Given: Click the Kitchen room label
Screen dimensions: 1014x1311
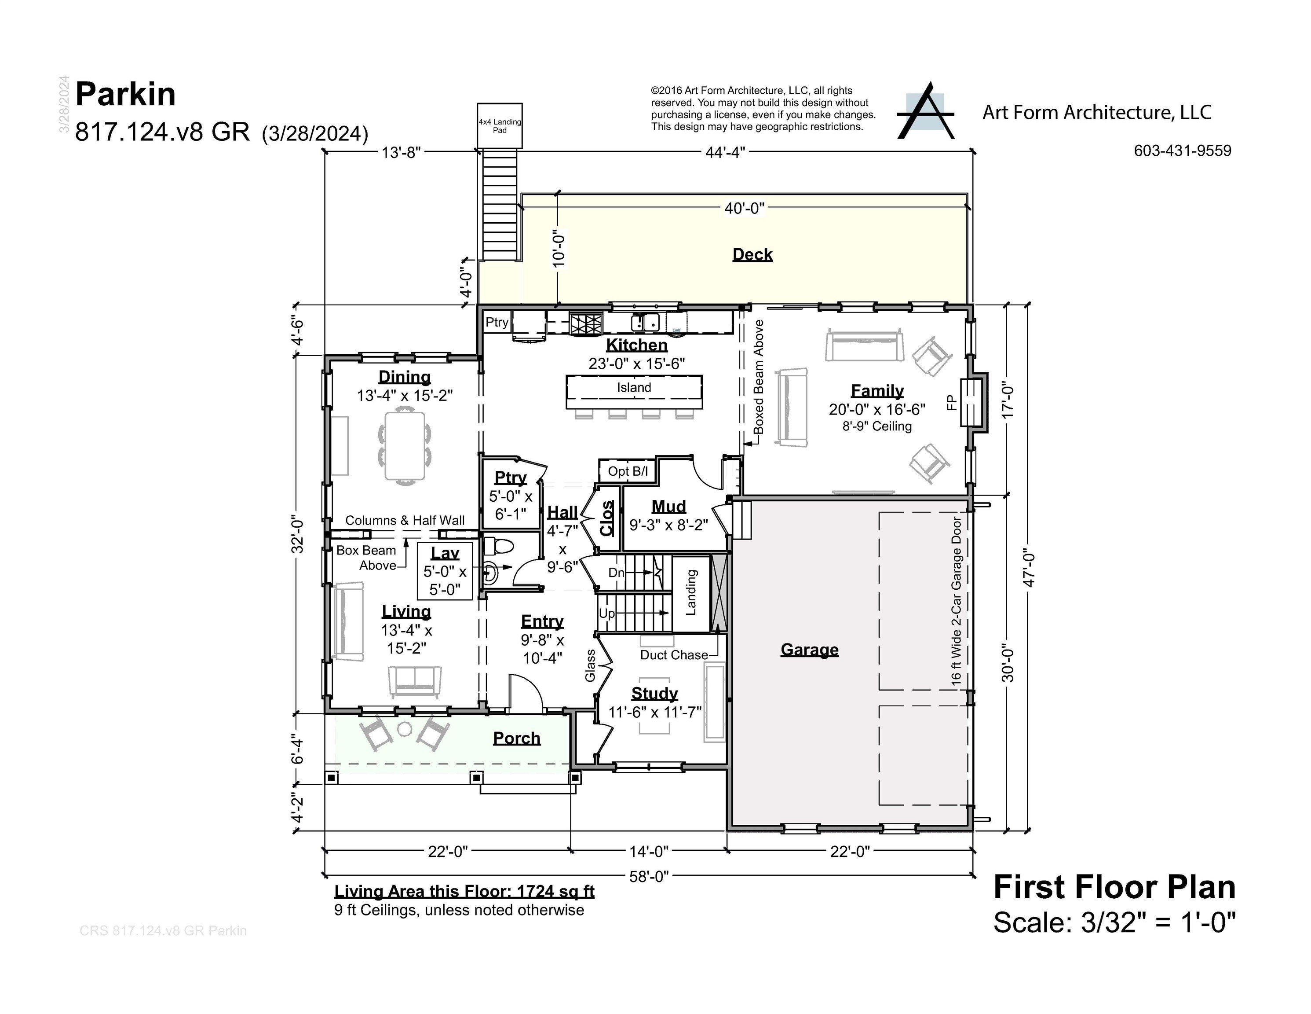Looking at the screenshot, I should pos(636,345).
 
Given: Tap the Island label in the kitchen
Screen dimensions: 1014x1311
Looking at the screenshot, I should pos(634,387).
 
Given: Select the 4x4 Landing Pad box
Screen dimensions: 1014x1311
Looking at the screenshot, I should pos(500,125).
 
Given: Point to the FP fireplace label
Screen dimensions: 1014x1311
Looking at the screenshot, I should pos(951,403).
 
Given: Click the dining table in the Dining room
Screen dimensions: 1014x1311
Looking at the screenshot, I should pos(405,445).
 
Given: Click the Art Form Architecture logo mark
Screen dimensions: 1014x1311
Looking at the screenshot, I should pos(925,112).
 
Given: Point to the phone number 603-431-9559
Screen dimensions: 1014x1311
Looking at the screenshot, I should pos(1182,151).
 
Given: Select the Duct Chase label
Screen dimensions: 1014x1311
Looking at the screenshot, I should pos(673,655).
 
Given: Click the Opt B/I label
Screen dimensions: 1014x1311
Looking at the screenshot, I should pos(627,471).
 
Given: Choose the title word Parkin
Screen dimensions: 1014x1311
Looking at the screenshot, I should pos(125,94).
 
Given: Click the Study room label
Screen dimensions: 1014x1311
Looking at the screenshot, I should pos(654,693).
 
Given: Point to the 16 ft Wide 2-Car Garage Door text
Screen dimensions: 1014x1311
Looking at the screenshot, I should pos(956,601).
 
